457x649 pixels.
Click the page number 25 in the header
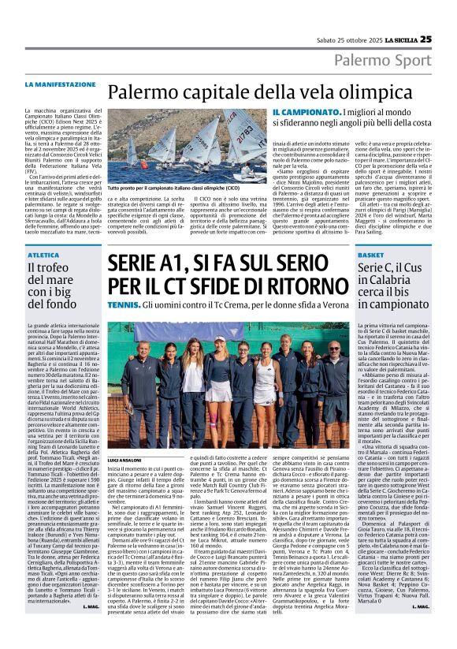click(x=425, y=39)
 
